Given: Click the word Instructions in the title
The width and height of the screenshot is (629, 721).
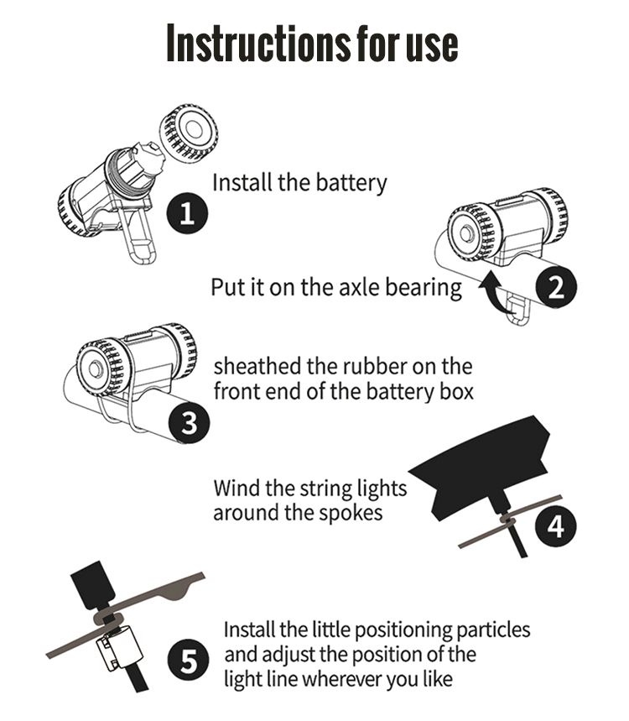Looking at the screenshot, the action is click(x=257, y=42).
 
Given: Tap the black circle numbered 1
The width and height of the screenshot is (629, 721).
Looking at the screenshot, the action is click(x=186, y=213).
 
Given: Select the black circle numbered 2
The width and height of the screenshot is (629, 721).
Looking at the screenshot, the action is click(x=556, y=287).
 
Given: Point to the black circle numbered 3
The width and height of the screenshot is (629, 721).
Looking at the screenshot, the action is click(x=190, y=422).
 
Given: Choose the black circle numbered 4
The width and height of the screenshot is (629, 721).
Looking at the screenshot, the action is click(x=555, y=526).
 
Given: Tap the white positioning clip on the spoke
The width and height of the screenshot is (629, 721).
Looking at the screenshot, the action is click(x=119, y=648).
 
